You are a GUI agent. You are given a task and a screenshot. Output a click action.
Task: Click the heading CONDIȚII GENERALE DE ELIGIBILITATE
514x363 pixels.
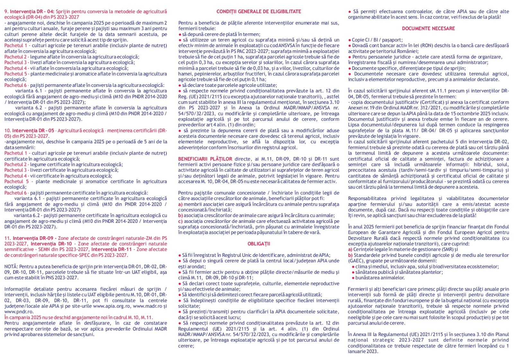[259, 12]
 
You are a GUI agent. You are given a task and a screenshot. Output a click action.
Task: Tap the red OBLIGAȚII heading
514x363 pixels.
[259, 244]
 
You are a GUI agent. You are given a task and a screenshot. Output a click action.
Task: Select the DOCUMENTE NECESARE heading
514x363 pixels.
[428, 29]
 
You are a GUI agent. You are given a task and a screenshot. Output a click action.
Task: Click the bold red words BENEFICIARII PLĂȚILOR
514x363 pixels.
[205, 159]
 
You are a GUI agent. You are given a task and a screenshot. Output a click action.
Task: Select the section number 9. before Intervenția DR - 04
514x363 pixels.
[6, 12]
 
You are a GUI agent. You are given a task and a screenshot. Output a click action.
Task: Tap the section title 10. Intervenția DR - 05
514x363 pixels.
[29, 131]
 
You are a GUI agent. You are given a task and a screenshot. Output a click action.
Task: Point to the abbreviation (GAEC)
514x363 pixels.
[356, 261]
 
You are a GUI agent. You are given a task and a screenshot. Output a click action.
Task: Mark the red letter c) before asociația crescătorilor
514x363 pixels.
[180, 221]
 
